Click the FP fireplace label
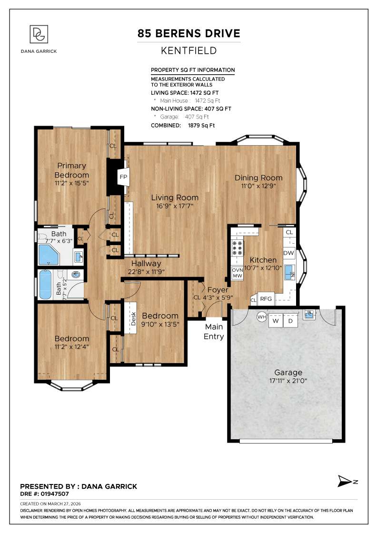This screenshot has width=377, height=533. pos(123,177)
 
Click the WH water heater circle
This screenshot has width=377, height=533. pos(262,316)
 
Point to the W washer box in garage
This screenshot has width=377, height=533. pos(275,321)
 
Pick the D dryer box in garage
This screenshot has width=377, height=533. pos(290,321)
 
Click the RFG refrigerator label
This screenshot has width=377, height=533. pos(266,299)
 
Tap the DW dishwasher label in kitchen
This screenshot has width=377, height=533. pos(288,253)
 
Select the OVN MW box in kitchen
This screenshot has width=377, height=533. pos(238,273)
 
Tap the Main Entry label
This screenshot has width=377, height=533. pos(214,332)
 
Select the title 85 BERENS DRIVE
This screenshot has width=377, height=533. pos(189,33)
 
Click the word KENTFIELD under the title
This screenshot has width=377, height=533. pos(189,50)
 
